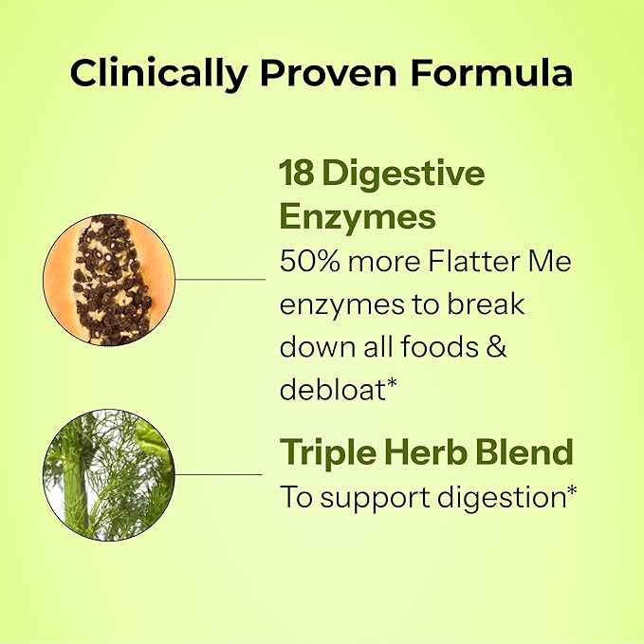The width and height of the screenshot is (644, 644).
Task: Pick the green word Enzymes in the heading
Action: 358,217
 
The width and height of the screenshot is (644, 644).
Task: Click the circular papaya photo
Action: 109,279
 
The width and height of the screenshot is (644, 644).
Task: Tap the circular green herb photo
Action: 109,474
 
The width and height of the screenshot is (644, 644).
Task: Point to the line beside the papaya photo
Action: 220,280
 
